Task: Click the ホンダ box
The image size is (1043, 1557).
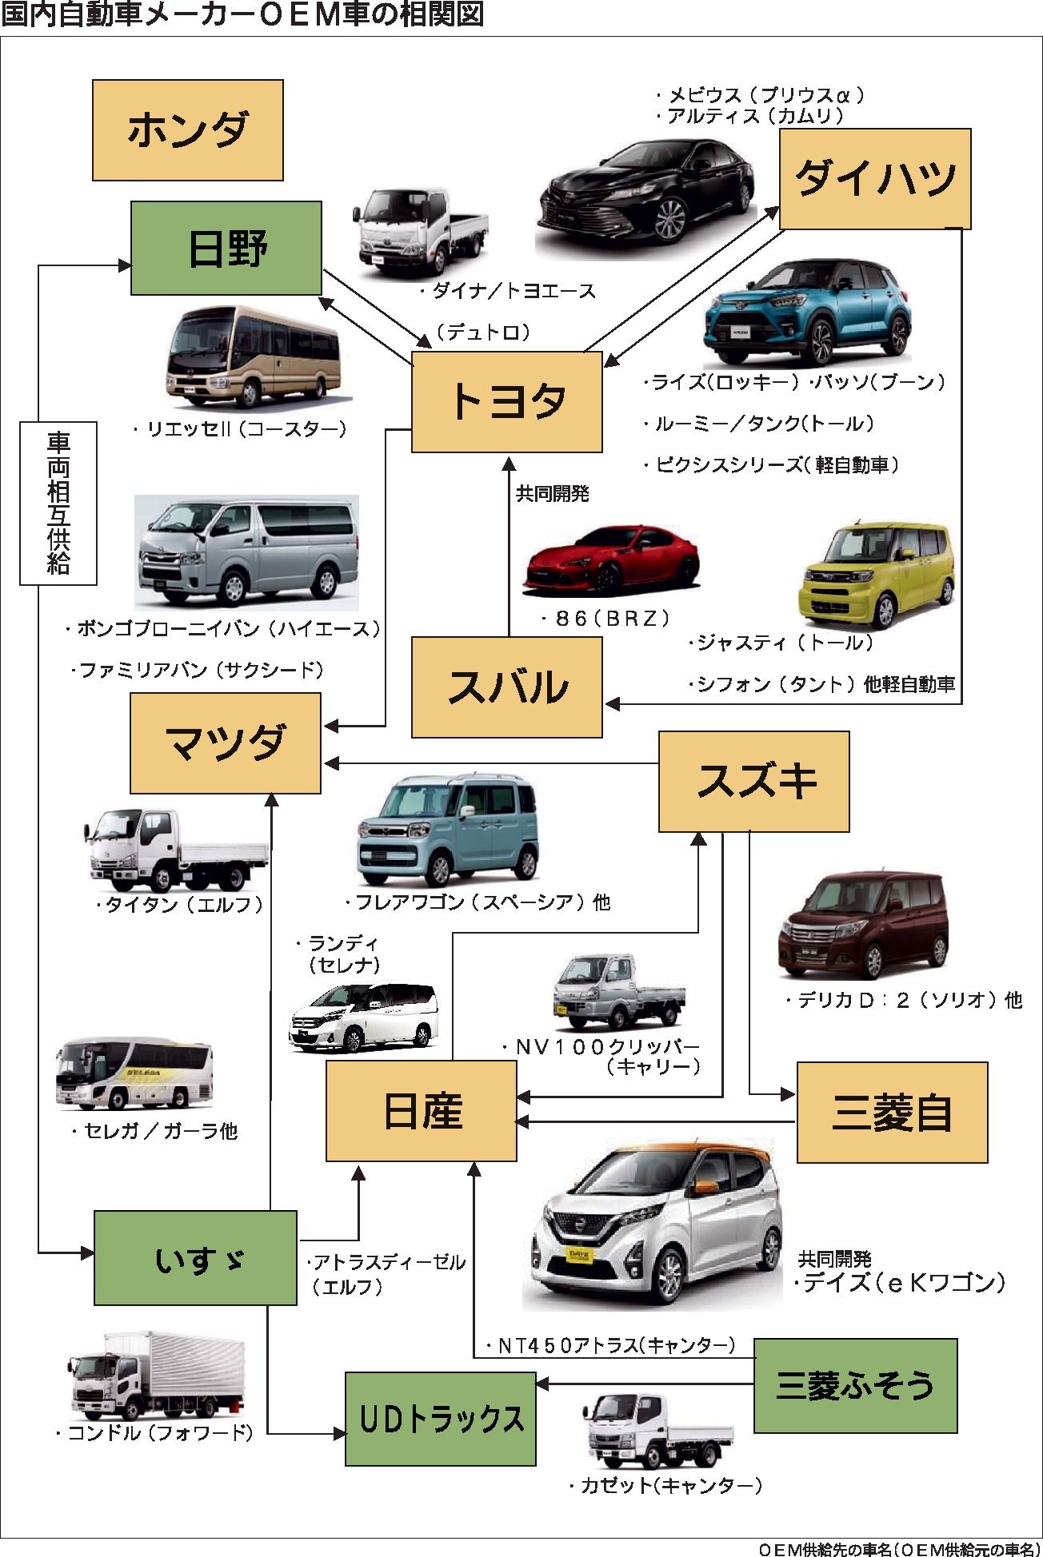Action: click(188, 130)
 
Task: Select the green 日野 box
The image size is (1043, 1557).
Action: click(226, 249)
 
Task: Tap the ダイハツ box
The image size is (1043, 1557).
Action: click(875, 179)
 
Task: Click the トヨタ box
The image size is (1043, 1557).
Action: click(507, 402)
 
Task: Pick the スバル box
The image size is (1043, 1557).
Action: click(507, 687)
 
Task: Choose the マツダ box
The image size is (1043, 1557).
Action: click(226, 743)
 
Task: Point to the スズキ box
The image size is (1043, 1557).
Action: click(753, 782)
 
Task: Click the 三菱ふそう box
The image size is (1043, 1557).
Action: click(855, 1386)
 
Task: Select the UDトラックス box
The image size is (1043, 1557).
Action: click(441, 1419)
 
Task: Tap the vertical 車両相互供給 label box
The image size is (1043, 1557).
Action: click(58, 504)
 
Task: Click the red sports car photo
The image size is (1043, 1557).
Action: click(611, 560)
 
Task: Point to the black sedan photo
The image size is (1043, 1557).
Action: click(646, 193)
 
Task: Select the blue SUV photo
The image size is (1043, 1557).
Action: click(806, 313)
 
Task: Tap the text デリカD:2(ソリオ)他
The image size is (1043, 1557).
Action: click(904, 1001)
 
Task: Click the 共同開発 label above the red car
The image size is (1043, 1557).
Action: click(553, 494)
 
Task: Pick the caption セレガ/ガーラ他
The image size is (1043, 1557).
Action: click(155, 1131)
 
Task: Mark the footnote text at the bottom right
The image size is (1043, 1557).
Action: click(899, 1549)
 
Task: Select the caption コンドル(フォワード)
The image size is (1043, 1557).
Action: click(155, 1433)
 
